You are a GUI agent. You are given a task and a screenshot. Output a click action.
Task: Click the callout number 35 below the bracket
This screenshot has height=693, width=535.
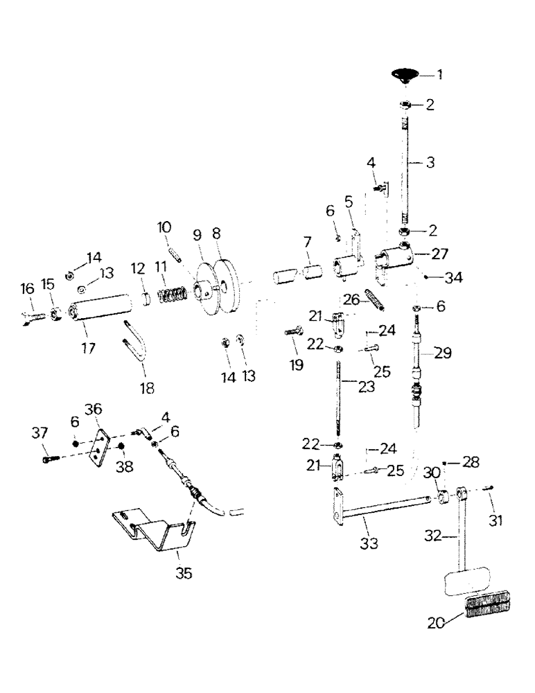click(184, 573)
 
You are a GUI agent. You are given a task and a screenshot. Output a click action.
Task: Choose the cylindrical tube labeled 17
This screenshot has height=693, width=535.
click(100, 308)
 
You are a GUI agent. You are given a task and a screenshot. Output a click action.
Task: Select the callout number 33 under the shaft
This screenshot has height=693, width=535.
click(369, 545)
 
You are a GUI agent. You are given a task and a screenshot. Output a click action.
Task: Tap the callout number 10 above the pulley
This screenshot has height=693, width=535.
click(164, 227)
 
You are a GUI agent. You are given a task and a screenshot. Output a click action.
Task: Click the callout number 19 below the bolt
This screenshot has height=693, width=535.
click(296, 364)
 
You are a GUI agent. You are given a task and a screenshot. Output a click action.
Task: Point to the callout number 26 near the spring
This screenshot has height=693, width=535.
click(351, 299)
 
